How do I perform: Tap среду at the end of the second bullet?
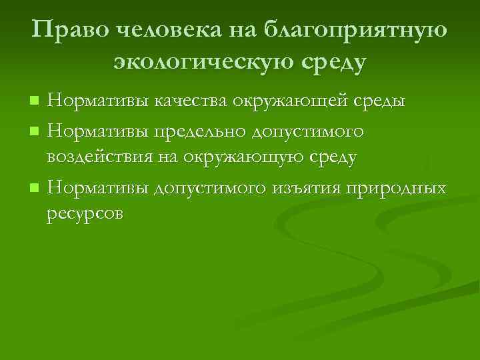(x=333, y=158)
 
